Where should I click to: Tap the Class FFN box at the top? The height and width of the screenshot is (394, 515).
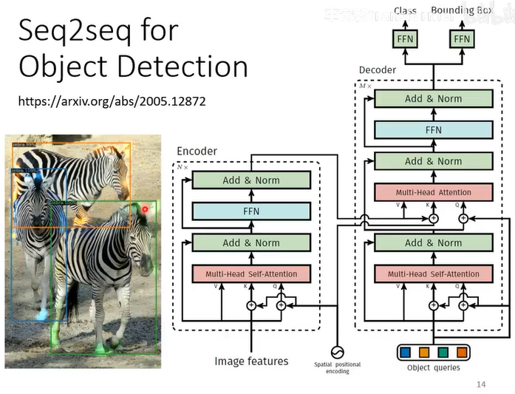coord(405,38)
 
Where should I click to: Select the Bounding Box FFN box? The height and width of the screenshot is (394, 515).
coord(461,38)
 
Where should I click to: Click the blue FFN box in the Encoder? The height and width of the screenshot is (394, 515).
coord(251,211)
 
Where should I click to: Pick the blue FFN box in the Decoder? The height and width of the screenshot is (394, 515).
coord(433,130)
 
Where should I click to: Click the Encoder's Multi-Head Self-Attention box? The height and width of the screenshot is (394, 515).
coord(251,274)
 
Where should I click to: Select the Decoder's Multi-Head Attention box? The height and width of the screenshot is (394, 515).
coord(433,192)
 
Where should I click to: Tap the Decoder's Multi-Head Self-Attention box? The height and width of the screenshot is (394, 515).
coord(433,274)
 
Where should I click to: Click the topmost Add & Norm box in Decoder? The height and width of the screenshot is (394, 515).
coord(433,98)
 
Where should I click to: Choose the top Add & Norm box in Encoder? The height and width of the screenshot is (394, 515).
coord(251,180)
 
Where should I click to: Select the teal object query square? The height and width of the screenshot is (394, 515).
coord(443,353)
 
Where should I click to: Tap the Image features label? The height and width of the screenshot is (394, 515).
coord(251,361)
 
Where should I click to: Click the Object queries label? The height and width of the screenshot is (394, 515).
coord(434,367)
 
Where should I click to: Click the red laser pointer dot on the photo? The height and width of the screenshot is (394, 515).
coord(146,209)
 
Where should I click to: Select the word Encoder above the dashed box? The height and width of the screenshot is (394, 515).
coord(197,152)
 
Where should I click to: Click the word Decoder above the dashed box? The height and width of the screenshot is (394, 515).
coord(377,70)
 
